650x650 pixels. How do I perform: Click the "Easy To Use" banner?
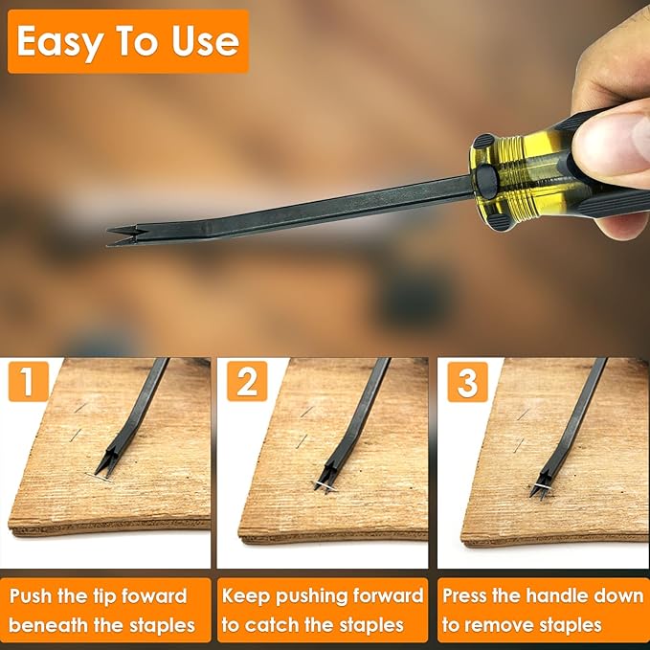point(127,41)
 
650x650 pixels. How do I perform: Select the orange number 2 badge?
point(247,383)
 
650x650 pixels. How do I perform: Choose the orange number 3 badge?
point(467,383)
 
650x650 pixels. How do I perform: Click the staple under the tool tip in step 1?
point(98,475)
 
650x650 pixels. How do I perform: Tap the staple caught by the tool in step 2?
point(325,486)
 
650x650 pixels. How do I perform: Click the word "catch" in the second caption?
point(277,626)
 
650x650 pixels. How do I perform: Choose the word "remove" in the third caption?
point(502,626)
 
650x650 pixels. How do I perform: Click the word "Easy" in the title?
point(58,41)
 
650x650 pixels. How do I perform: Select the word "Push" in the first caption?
point(31,595)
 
